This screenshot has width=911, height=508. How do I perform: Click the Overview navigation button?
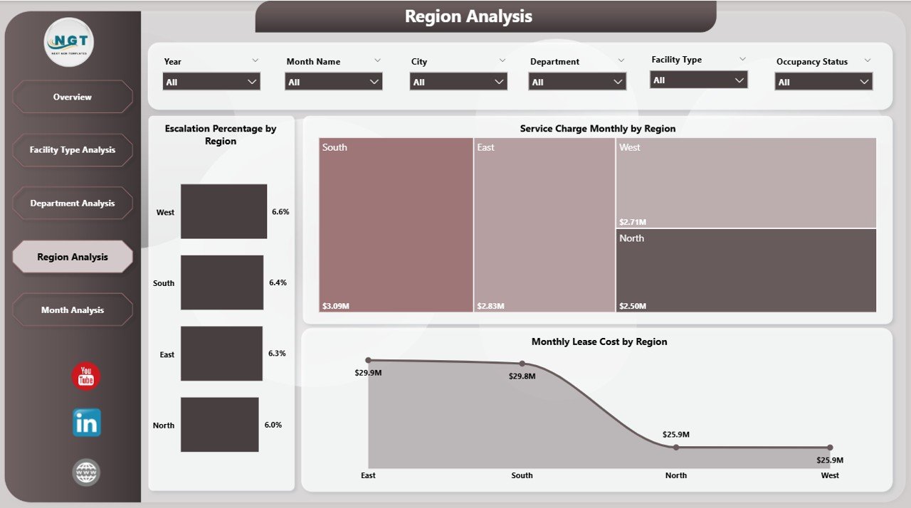73,97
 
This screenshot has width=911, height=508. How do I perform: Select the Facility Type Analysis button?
73,150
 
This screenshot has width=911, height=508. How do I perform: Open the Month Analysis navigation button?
73,310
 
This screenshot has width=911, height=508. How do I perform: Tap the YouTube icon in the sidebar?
86,376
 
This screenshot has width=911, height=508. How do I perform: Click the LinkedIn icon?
86,423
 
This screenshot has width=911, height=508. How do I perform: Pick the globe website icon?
86,472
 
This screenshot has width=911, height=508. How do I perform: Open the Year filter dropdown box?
211,82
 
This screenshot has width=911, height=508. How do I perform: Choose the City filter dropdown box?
458,82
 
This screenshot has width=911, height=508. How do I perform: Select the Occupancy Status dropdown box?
823,82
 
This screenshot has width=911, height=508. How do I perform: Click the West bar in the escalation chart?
223,211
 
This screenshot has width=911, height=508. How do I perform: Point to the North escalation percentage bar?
219,425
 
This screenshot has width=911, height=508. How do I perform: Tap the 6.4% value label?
278,283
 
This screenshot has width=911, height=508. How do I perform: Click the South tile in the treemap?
396,225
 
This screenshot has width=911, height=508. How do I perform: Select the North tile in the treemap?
746,270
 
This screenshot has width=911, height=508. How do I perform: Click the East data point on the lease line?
368,361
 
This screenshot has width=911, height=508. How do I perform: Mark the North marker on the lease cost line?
676,448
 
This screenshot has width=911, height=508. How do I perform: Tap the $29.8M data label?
522,376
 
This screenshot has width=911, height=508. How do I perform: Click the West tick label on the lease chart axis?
830,475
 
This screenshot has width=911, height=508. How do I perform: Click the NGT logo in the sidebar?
69,42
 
